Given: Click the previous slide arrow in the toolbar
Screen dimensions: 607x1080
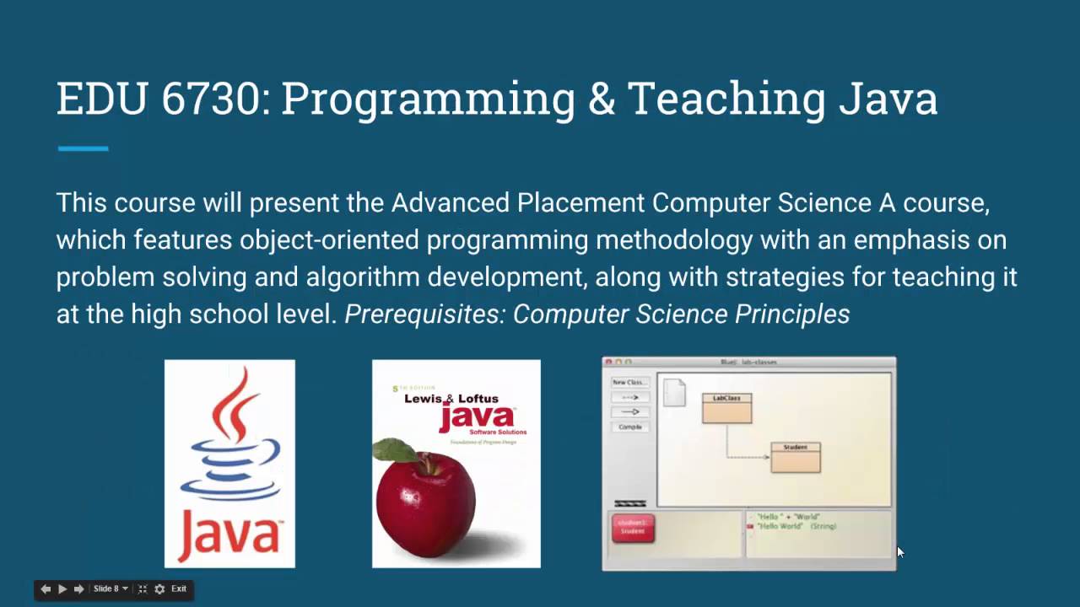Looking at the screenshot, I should pos(46,589).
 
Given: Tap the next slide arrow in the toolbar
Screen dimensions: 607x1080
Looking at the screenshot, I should pos(78,589).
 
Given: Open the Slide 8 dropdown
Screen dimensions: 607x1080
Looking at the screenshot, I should pos(111,589).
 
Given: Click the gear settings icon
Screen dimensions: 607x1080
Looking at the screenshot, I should pos(159,589).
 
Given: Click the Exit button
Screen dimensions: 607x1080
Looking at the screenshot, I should pos(179,589).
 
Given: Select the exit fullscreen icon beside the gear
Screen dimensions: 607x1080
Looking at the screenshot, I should pos(143,589).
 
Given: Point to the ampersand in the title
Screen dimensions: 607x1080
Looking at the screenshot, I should pos(600,99).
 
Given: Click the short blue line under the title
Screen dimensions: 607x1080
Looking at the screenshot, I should pos(83,148).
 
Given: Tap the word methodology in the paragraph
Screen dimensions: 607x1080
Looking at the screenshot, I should pos(673,240).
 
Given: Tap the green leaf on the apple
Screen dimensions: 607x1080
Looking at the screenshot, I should pos(395,450).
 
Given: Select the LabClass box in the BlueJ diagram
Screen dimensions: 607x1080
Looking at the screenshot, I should pos(726,409).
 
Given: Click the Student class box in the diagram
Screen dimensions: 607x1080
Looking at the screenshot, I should pos(795,458).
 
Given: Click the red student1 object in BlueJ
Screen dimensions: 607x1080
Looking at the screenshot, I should pos(633,529).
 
